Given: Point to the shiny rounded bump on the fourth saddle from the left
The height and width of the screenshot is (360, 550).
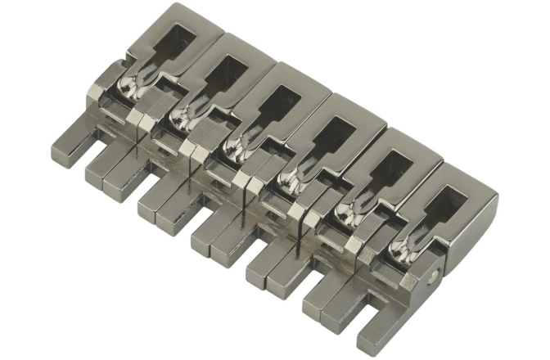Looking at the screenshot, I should click(x=291, y=176).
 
